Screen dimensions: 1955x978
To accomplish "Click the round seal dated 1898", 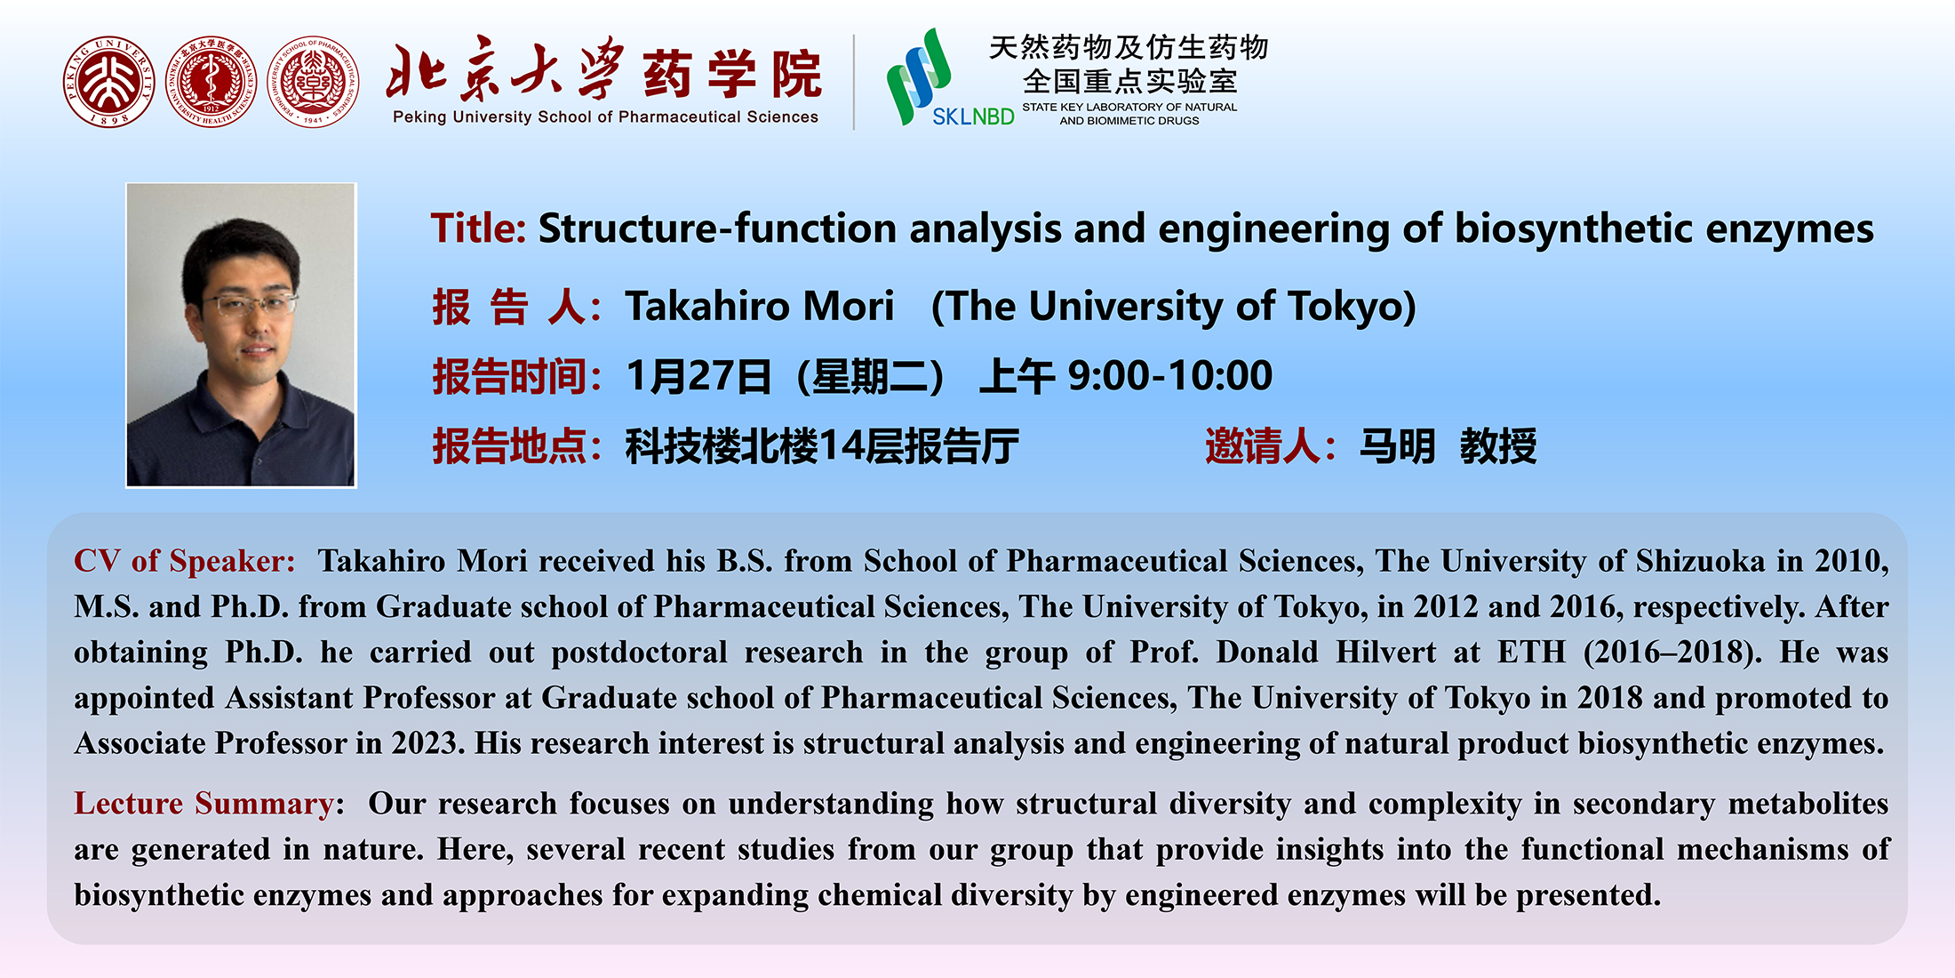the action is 108,82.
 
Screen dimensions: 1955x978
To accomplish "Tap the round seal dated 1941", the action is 313,82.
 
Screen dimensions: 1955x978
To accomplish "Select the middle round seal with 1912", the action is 211,82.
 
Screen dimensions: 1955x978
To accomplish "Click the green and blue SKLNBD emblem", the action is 918,76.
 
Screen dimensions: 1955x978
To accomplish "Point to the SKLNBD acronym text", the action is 973,116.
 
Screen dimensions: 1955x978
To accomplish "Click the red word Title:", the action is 479,228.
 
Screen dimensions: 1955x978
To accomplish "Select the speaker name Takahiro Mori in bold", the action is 760,306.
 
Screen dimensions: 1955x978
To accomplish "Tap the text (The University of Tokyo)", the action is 1173,307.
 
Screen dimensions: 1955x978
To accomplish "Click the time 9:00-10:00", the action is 1170,375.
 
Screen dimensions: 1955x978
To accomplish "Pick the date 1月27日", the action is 698,376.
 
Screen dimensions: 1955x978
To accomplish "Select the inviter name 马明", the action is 1397,445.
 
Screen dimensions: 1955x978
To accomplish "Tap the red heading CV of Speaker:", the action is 185,561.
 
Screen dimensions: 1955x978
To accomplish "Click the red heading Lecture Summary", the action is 203,804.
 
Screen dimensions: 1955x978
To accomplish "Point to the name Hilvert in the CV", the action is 1385,652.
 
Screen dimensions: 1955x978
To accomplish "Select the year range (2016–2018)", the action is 1672,653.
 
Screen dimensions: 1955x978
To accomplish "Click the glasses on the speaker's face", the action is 250,305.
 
